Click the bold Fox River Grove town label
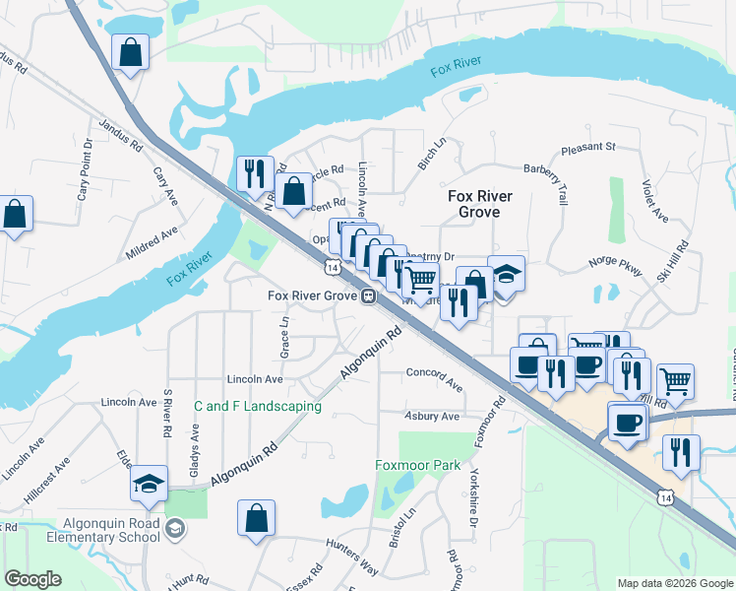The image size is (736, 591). coord(480,204)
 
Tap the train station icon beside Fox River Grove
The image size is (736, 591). coord(367,295)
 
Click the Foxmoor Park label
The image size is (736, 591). coord(418,465)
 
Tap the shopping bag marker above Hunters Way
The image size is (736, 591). coord(256,519)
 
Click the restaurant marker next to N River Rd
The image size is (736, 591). coord(255,173)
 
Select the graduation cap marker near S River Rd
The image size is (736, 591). coord(149,483)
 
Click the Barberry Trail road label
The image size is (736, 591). coord(546,182)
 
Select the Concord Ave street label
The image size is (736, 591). coord(434,380)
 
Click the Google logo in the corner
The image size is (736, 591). coord(32,579)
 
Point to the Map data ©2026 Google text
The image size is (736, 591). coord(675,583)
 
